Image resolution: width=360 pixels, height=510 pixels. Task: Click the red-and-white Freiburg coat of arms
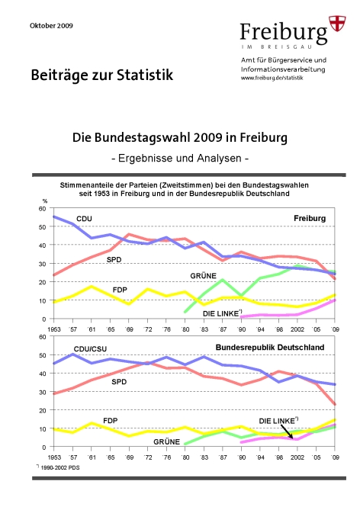(x=337, y=24)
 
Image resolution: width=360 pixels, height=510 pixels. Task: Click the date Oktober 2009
(x=51, y=26)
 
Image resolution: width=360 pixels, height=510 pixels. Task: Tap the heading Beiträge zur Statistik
(x=102, y=75)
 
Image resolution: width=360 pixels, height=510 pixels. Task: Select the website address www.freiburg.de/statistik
(x=272, y=78)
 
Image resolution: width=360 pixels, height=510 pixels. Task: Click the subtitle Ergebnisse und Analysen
(x=180, y=158)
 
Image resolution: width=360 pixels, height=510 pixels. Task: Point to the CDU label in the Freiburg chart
(x=84, y=219)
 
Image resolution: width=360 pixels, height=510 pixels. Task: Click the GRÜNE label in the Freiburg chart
(x=203, y=276)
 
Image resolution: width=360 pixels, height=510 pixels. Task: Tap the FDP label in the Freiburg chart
(x=120, y=290)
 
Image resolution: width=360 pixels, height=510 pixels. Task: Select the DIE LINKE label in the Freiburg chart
(x=222, y=313)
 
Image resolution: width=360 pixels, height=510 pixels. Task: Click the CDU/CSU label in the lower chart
(x=90, y=349)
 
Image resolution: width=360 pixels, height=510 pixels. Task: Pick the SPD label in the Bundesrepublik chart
(x=119, y=382)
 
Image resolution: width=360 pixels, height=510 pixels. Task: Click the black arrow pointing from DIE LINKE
(x=288, y=432)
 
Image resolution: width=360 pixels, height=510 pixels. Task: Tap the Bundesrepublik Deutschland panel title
(x=270, y=348)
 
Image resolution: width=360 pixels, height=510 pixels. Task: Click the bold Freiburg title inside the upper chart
(x=310, y=218)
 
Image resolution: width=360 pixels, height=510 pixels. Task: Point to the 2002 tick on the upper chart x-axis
(x=297, y=329)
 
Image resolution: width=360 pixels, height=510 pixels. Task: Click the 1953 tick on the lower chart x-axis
(x=54, y=457)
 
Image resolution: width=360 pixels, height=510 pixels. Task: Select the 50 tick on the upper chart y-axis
(x=42, y=226)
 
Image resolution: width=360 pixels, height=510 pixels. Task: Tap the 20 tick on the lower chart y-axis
(x=42, y=410)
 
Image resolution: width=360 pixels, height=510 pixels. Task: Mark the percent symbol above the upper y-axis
(x=45, y=201)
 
